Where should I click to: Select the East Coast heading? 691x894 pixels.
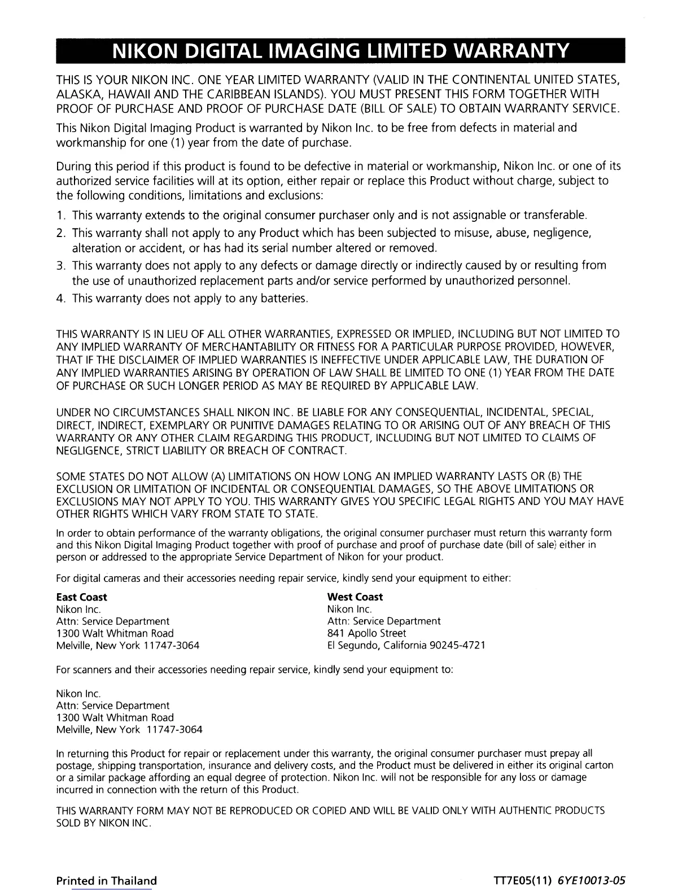pyautogui.click(x=81, y=597)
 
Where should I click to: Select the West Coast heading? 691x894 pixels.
pyautogui.click(x=355, y=597)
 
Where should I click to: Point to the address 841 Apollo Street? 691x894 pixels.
pyautogui.click(x=366, y=633)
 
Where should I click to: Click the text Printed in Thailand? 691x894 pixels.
pyautogui.click(x=106, y=881)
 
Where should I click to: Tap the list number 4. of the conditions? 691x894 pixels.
pyautogui.click(x=61, y=298)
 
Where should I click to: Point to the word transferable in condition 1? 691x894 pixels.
pyautogui.click(x=556, y=216)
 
